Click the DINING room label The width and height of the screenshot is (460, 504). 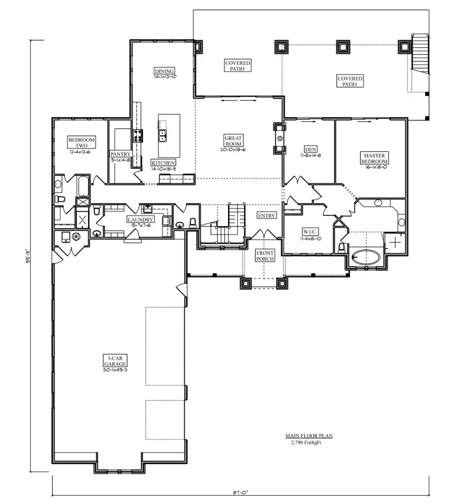point(164,71)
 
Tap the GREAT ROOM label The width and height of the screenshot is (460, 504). point(233,141)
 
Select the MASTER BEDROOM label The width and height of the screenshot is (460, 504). point(374,158)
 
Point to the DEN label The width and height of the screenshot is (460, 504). point(310,149)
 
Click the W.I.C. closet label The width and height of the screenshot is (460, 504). point(310,232)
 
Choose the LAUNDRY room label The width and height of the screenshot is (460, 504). point(140,219)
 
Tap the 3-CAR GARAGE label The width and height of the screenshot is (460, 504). point(115,361)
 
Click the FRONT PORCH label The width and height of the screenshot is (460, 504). point(265,256)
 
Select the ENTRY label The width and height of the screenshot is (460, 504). point(266,216)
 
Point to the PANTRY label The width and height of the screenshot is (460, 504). point(120,154)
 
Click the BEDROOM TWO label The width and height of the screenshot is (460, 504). point(82,142)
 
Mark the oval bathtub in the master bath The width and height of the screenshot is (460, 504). point(366,257)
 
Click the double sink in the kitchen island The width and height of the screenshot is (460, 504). point(163,136)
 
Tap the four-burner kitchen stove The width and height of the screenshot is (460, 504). point(138,136)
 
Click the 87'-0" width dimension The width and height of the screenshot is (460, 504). point(240,492)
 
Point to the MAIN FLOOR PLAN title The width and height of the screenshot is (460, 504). point(309,436)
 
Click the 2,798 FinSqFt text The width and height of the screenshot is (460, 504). point(306,443)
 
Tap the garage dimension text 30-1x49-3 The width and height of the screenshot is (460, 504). point(115,370)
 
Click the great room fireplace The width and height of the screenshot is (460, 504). point(279,138)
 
